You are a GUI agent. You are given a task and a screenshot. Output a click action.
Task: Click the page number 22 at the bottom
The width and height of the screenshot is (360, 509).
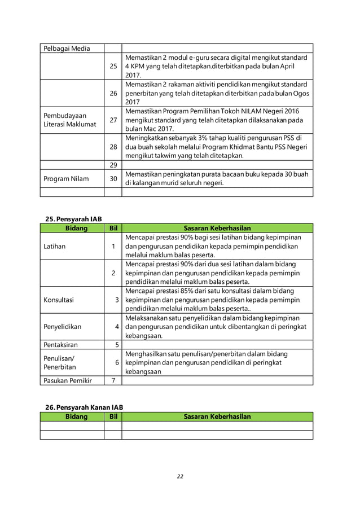point(180,476)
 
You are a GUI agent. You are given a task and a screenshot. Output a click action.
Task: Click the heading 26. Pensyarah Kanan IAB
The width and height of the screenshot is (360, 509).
point(84,407)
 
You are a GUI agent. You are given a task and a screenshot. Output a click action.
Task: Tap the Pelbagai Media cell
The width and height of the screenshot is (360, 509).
point(67,48)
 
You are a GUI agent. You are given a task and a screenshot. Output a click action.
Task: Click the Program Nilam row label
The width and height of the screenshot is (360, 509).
point(66,179)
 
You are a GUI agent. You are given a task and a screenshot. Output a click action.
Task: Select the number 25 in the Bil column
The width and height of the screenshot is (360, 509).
point(113,66)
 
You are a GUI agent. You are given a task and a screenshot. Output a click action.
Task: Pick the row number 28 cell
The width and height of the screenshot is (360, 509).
point(113,147)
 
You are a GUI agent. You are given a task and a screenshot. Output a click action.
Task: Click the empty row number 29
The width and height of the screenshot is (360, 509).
point(113,164)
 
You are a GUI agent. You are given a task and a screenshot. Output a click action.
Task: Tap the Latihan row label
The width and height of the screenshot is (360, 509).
point(55,246)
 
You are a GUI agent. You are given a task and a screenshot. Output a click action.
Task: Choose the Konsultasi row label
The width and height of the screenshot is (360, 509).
point(59,300)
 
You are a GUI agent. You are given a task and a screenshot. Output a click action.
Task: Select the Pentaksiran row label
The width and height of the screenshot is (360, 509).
point(62,344)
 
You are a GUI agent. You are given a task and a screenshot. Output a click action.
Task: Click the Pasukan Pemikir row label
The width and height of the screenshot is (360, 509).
point(67,380)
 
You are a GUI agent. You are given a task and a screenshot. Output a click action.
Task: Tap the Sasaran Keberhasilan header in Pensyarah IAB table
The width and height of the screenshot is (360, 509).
point(217,228)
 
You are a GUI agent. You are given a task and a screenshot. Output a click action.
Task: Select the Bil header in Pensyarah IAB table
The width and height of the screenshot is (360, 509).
point(113,228)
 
